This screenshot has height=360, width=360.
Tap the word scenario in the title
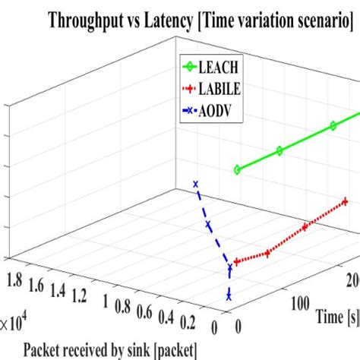tap(317, 21)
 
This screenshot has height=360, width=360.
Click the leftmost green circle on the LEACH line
tap(237, 170)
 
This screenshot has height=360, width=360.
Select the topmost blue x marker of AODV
tap(196, 184)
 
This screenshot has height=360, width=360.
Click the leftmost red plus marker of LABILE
tap(237, 262)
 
